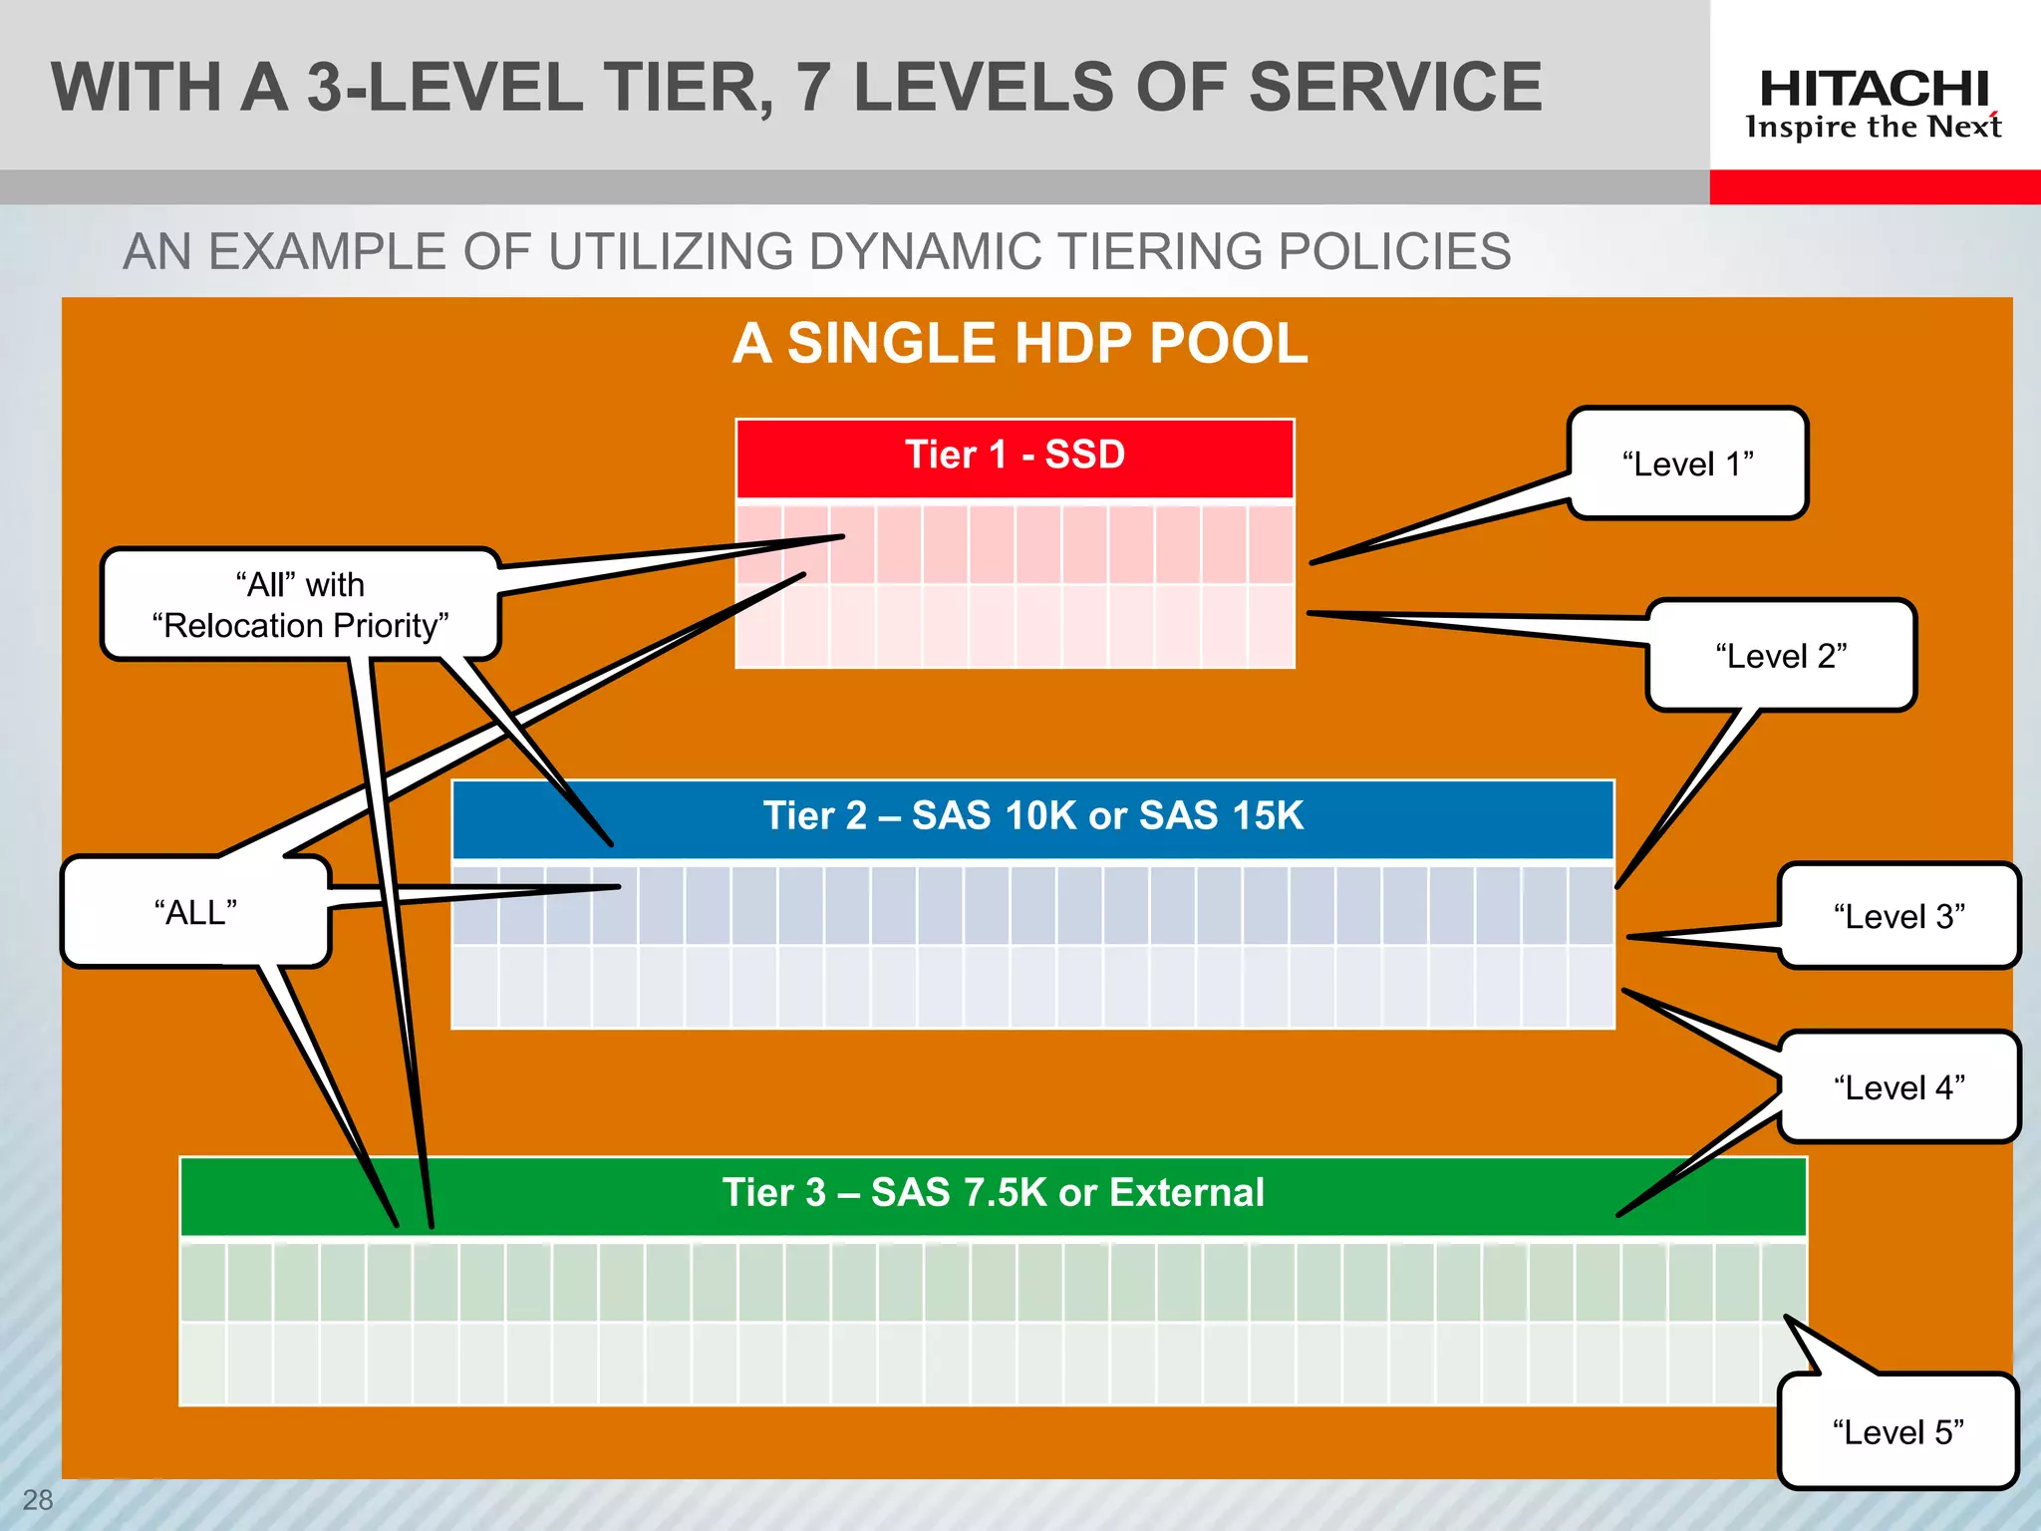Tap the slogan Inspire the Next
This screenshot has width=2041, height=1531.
(x=1874, y=128)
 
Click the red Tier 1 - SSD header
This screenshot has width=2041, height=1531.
(x=1015, y=457)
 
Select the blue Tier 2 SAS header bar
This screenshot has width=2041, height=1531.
(x=1032, y=817)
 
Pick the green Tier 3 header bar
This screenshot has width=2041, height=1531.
(x=993, y=1194)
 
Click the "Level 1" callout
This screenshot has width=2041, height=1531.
(x=1687, y=463)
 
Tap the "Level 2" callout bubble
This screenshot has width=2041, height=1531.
(x=1781, y=656)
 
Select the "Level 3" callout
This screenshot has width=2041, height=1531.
(x=1898, y=916)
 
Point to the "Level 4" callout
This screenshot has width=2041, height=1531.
(x=1898, y=1087)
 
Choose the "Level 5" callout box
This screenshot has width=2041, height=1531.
(x=1897, y=1432)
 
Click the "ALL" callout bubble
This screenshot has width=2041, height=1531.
(x=195, y=912)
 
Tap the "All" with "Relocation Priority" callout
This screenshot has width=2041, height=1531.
(x=300, y=605)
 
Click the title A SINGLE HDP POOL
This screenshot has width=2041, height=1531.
(x=1020, y=344)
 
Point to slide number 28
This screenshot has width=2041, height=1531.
(x=38, y=1500)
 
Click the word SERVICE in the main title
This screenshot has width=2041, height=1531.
(x=1394, y=88)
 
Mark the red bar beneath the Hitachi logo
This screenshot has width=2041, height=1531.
(x=1874, y=187)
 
